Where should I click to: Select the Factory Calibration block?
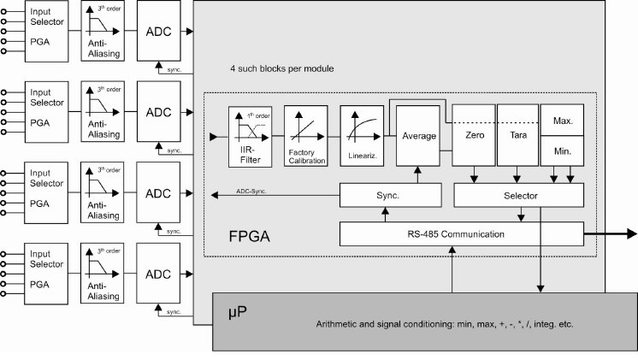click(x=305, y=137)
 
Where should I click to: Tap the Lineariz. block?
click(x=360, y=137)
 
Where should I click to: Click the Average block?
click(x=418, y=136)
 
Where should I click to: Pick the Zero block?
click(x=474, y=136)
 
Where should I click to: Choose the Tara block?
click(x=517, y=136)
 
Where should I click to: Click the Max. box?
click(x=562, y=121)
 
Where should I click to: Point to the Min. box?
click(x=562, y=151)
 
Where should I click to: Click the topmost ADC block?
click(x=159, y=31)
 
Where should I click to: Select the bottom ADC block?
click(x=159, y=274)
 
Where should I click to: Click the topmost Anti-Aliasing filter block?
click(x=102, y=31)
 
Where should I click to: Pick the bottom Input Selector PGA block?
click(x=47, y=274)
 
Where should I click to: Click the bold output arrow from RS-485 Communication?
click(x=611, y=233)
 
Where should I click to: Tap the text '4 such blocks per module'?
click(x=281, y=68)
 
